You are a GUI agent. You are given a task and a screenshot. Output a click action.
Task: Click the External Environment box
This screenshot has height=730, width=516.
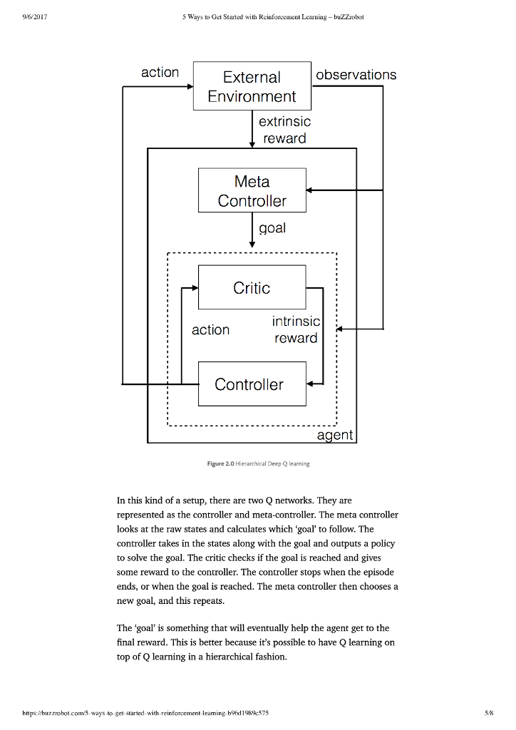(252, 86)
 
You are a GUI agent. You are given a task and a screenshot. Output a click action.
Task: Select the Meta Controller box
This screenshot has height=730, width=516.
(252, 190)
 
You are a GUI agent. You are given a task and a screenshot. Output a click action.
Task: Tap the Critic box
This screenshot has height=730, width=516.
(252, 288)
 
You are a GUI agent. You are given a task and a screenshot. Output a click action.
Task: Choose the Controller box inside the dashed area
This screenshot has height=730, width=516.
(252, 384)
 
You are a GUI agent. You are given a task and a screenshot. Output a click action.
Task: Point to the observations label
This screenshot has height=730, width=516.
(356, 75)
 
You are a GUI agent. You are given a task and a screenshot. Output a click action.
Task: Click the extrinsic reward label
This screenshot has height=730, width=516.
(284, 130)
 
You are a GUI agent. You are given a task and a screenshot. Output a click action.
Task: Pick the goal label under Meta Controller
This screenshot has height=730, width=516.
(272, 227)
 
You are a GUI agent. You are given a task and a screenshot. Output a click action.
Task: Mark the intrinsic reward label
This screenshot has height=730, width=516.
(296, 330)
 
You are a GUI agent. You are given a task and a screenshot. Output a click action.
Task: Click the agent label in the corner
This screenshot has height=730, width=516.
(335, 435)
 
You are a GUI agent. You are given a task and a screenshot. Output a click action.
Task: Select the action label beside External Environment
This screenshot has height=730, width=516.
(160, 73)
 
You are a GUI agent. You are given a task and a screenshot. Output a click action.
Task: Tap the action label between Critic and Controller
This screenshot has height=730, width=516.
(211, 330)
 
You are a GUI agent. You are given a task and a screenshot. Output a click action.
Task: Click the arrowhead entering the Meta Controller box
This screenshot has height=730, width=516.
(311, 190)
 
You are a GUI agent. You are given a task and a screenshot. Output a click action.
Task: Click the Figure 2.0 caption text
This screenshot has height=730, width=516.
(258, 463)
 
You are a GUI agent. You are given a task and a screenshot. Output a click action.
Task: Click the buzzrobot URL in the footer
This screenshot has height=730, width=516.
(135, 711)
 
